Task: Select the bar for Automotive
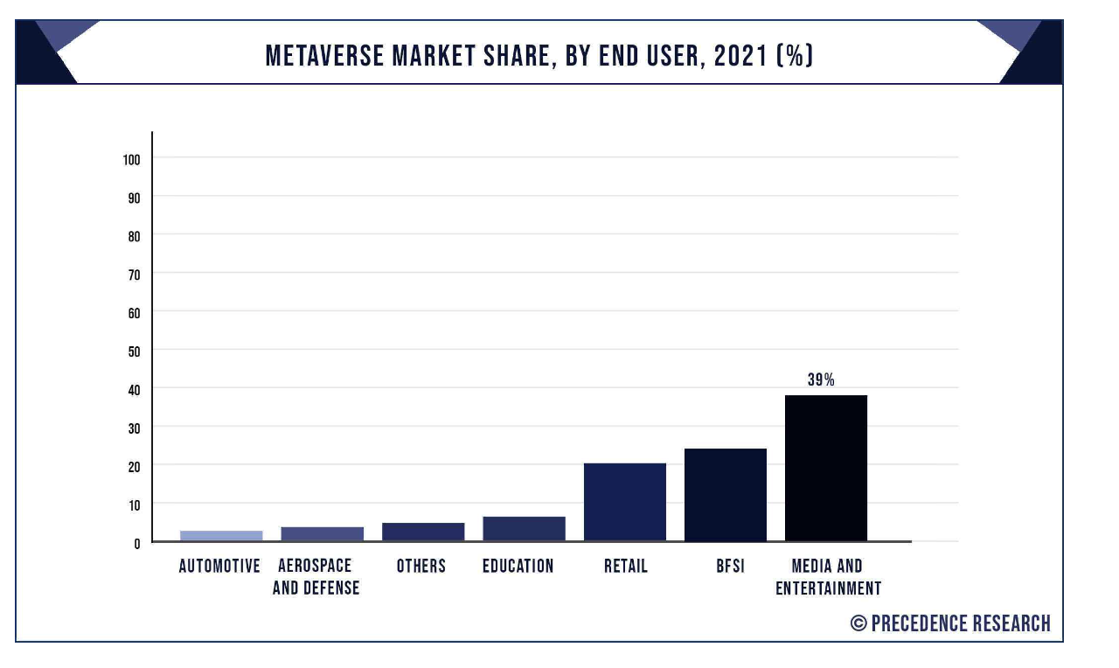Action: point(221,535)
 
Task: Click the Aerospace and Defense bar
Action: point(322,533)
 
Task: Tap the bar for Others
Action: point(423,532)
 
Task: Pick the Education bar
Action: point(524,528)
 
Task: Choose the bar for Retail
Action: point(624,502)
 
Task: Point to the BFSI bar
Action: point(725,495)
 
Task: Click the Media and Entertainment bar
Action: point(825,468)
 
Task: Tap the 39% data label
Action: point(821,380)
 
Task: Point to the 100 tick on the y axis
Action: point(132,159)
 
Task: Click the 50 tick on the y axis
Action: point(135,351)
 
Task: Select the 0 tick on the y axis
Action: point(137,543)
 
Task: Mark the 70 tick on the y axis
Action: point(135,274)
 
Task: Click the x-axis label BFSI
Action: point(730,567)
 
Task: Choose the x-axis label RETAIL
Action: point(626,567)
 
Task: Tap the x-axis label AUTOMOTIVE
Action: point(219,567)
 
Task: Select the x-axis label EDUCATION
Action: point(518,567)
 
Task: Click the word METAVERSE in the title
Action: point(323,57)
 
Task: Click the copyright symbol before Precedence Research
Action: point(858,623)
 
